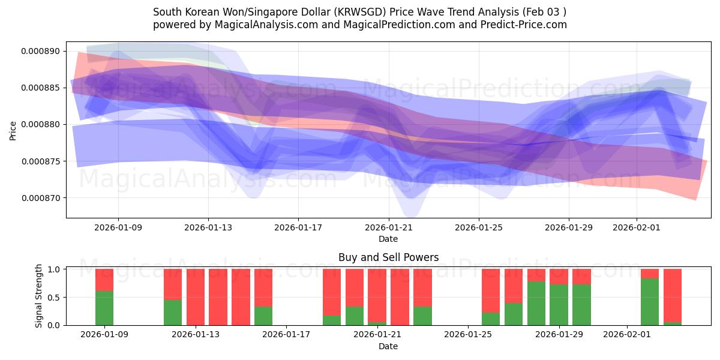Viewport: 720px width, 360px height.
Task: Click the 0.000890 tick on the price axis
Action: [41, 51]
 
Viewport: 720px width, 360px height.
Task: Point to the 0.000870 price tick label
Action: [41, 198]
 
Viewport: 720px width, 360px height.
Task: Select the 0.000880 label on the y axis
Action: [41, 125]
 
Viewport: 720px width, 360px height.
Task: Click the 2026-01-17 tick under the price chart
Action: [298, 228]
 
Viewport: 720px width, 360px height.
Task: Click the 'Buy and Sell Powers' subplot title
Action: [388, 257]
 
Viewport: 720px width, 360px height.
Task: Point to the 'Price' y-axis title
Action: [13, 130]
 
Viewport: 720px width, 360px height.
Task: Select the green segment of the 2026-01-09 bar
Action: [104, 308]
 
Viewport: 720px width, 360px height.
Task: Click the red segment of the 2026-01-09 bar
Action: [104, 280]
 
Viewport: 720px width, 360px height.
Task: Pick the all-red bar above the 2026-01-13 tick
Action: [196, 297]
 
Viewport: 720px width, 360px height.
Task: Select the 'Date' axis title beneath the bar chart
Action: [388, 346]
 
